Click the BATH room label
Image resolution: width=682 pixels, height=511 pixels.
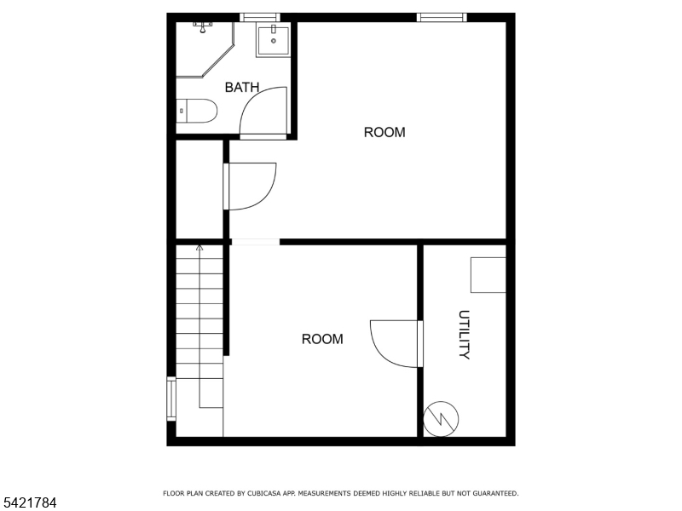(x=242, y=88)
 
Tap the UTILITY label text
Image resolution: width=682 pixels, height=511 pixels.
(x=464, y=335)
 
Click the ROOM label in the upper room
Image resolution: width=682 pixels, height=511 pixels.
(x=384, y=132)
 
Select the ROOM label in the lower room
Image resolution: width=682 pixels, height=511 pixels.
(x=322, y=339)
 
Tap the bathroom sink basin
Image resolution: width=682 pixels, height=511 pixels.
(x=273, y=41)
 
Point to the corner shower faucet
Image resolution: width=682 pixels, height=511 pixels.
(x=202, y=27)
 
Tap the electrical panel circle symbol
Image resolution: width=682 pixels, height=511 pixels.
(x=441, y=419)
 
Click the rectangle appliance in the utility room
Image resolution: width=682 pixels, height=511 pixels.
(x=488, y=275)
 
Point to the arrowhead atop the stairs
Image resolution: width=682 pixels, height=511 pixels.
(x=199, y=248)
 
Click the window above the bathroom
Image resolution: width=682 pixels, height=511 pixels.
(x=260, y=17)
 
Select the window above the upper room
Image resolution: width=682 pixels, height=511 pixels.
(x=442, y=17)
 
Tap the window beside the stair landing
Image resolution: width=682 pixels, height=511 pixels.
(x=171, y=399)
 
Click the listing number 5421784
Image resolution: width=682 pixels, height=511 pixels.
(x=28, y=502)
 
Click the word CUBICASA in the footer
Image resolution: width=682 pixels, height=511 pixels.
(x=263, y=493)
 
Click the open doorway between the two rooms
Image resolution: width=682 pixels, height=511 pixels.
(x=255, y=242)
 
